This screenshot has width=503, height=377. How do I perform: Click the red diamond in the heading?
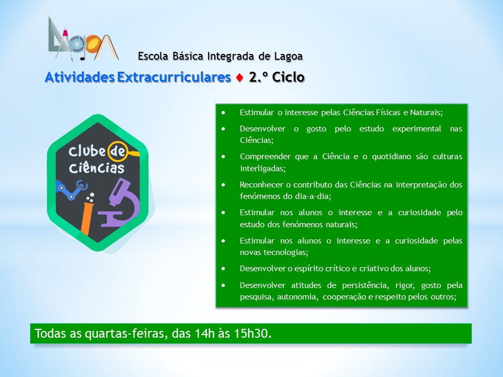(x=239, y=77)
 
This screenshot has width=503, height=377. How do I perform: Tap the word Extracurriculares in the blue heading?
(x=174, y=77)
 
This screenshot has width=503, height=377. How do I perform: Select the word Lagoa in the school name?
(x=288, y=57)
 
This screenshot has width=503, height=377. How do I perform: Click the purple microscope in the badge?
(x=119, y=203)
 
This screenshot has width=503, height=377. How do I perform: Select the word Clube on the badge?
(x=86, y=151)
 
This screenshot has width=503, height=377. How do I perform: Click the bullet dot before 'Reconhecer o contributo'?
(x=223, y=185)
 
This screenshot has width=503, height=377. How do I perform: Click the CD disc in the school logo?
(x=76, y=43)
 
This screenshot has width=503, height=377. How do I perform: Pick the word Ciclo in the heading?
(x=288, y=77)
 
